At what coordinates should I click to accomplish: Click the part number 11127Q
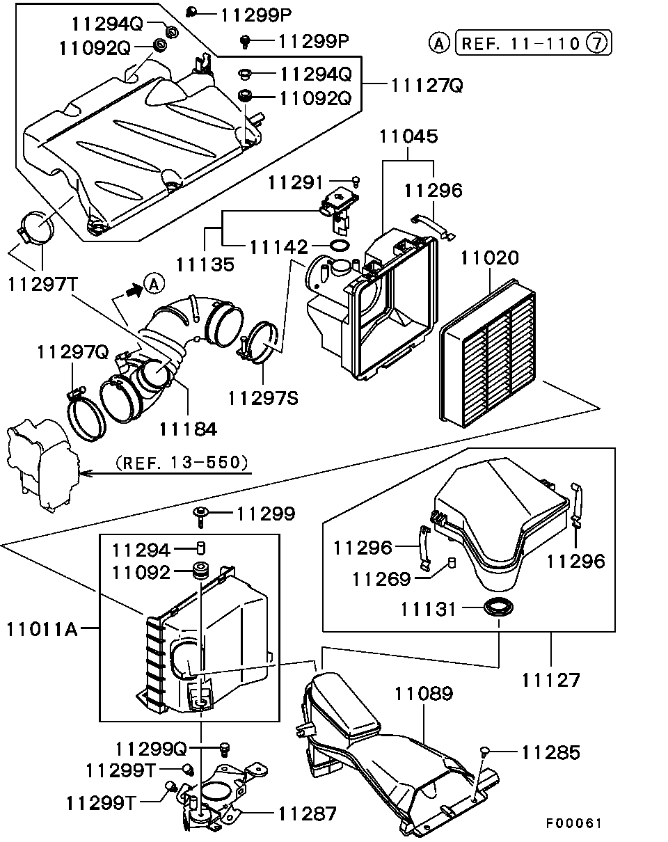click(x=427, y=85)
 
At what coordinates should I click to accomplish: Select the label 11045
click(x=408, y=136)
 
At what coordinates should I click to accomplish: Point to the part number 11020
click(x=489, y=259)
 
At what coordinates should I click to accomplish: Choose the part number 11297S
click(x=262, y=397)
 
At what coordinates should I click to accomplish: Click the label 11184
click(x=187, y=429)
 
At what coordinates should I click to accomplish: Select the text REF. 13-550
click(x=182, y=462)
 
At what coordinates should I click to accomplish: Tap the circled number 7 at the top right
click(x=598, y=44)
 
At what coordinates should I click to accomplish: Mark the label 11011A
click(x=42, y=630)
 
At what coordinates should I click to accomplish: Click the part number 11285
click(x=550, y=752)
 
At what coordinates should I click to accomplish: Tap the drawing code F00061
click(x=573, y=823)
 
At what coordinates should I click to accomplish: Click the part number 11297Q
click(x=73, y=353)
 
